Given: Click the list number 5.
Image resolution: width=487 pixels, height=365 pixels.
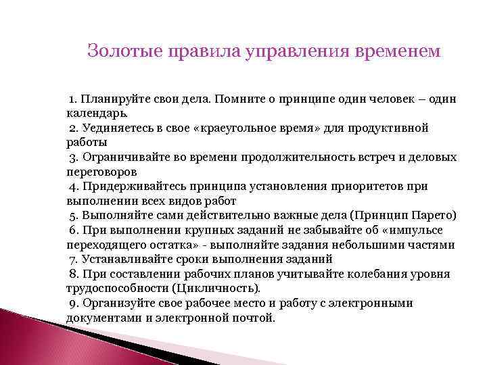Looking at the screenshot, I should [74, 216].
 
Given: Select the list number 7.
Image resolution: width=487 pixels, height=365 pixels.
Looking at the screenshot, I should [74, 260].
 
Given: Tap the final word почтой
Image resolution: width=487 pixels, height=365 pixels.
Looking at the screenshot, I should [254, 318].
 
